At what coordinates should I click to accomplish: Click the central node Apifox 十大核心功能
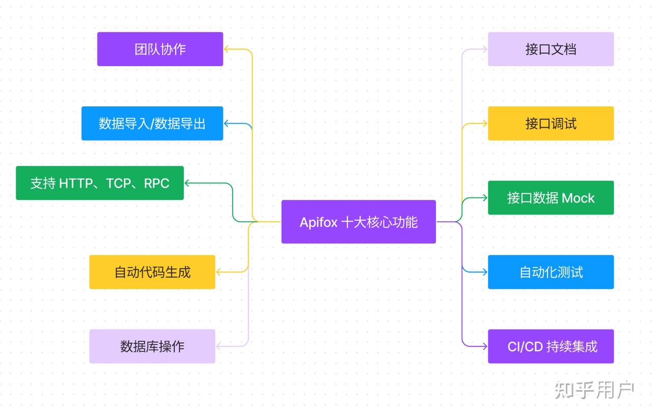tap(359, 222)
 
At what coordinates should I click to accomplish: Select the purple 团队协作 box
tap(160, 49)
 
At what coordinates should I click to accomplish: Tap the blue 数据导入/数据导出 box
tap(152, 124)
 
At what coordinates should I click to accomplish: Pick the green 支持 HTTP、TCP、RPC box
tap(100, 183)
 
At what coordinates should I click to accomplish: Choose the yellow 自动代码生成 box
tap(152, 272)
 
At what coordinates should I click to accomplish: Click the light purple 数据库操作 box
tap(152, 346)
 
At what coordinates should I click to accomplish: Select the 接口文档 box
tap(551, 49)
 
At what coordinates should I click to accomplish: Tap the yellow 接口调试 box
tap(551, 124)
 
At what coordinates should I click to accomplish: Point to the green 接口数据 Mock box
tap(551, 198)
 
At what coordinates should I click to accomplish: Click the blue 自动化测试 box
tap(551, 272)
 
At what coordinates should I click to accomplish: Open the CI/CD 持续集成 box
tap(551, 346)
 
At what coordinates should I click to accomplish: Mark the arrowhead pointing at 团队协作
tap(227, 49)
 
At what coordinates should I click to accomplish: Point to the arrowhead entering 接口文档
tap(484, 49)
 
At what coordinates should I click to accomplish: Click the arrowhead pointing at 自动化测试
tap(484, 272)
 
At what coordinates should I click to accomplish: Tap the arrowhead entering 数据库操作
tap(219, 346)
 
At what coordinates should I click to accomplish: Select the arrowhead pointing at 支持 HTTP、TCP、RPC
tap(187, 183)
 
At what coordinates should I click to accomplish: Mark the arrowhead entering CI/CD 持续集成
tap(484, 346)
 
